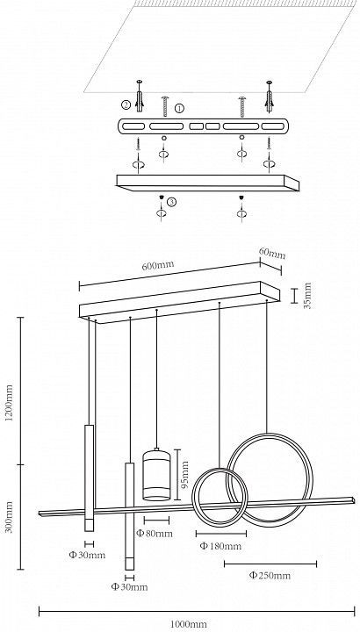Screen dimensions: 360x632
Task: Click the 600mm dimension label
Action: [158, 266]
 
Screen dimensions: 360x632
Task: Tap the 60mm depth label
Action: [272, 253]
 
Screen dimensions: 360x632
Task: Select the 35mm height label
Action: [308, 296]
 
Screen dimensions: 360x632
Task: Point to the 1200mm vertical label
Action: [10, 403]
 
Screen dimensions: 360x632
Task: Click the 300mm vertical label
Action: [10, 517]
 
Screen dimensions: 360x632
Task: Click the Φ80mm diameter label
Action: [155, 534]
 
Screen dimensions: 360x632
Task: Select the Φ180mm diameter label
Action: [221, 546]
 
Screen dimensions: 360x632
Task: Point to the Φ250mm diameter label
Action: [270, 575]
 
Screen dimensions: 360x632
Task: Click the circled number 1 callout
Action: [179, 108]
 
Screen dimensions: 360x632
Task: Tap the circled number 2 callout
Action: [126, 104]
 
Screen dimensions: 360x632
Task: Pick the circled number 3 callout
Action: [172, 202]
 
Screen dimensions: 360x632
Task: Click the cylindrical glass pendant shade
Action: [156, 474]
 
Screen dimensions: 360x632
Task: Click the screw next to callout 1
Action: [165, 106]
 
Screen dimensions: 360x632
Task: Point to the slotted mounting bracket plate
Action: [203, 126]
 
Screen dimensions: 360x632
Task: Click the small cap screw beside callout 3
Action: [161, 197]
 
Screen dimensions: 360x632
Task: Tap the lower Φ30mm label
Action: [129, 587]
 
